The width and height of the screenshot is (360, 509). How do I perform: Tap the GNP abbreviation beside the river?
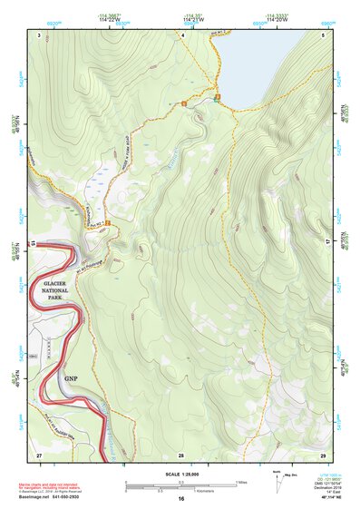[72, 378]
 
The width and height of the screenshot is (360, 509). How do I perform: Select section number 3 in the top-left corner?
[39, 34]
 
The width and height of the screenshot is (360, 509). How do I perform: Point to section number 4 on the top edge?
[182, 34]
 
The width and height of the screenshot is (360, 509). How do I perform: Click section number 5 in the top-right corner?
[324, 34]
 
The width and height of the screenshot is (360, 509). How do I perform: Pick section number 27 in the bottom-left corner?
[39, 454]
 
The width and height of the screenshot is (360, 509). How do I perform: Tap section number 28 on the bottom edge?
[181, 454]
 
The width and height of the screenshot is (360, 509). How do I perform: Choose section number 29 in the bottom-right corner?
[323, 454]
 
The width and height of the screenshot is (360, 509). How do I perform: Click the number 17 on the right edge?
[328, 242]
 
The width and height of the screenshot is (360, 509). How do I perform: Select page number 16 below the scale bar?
[181, 499]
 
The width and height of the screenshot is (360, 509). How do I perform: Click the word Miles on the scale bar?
[243, 482]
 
